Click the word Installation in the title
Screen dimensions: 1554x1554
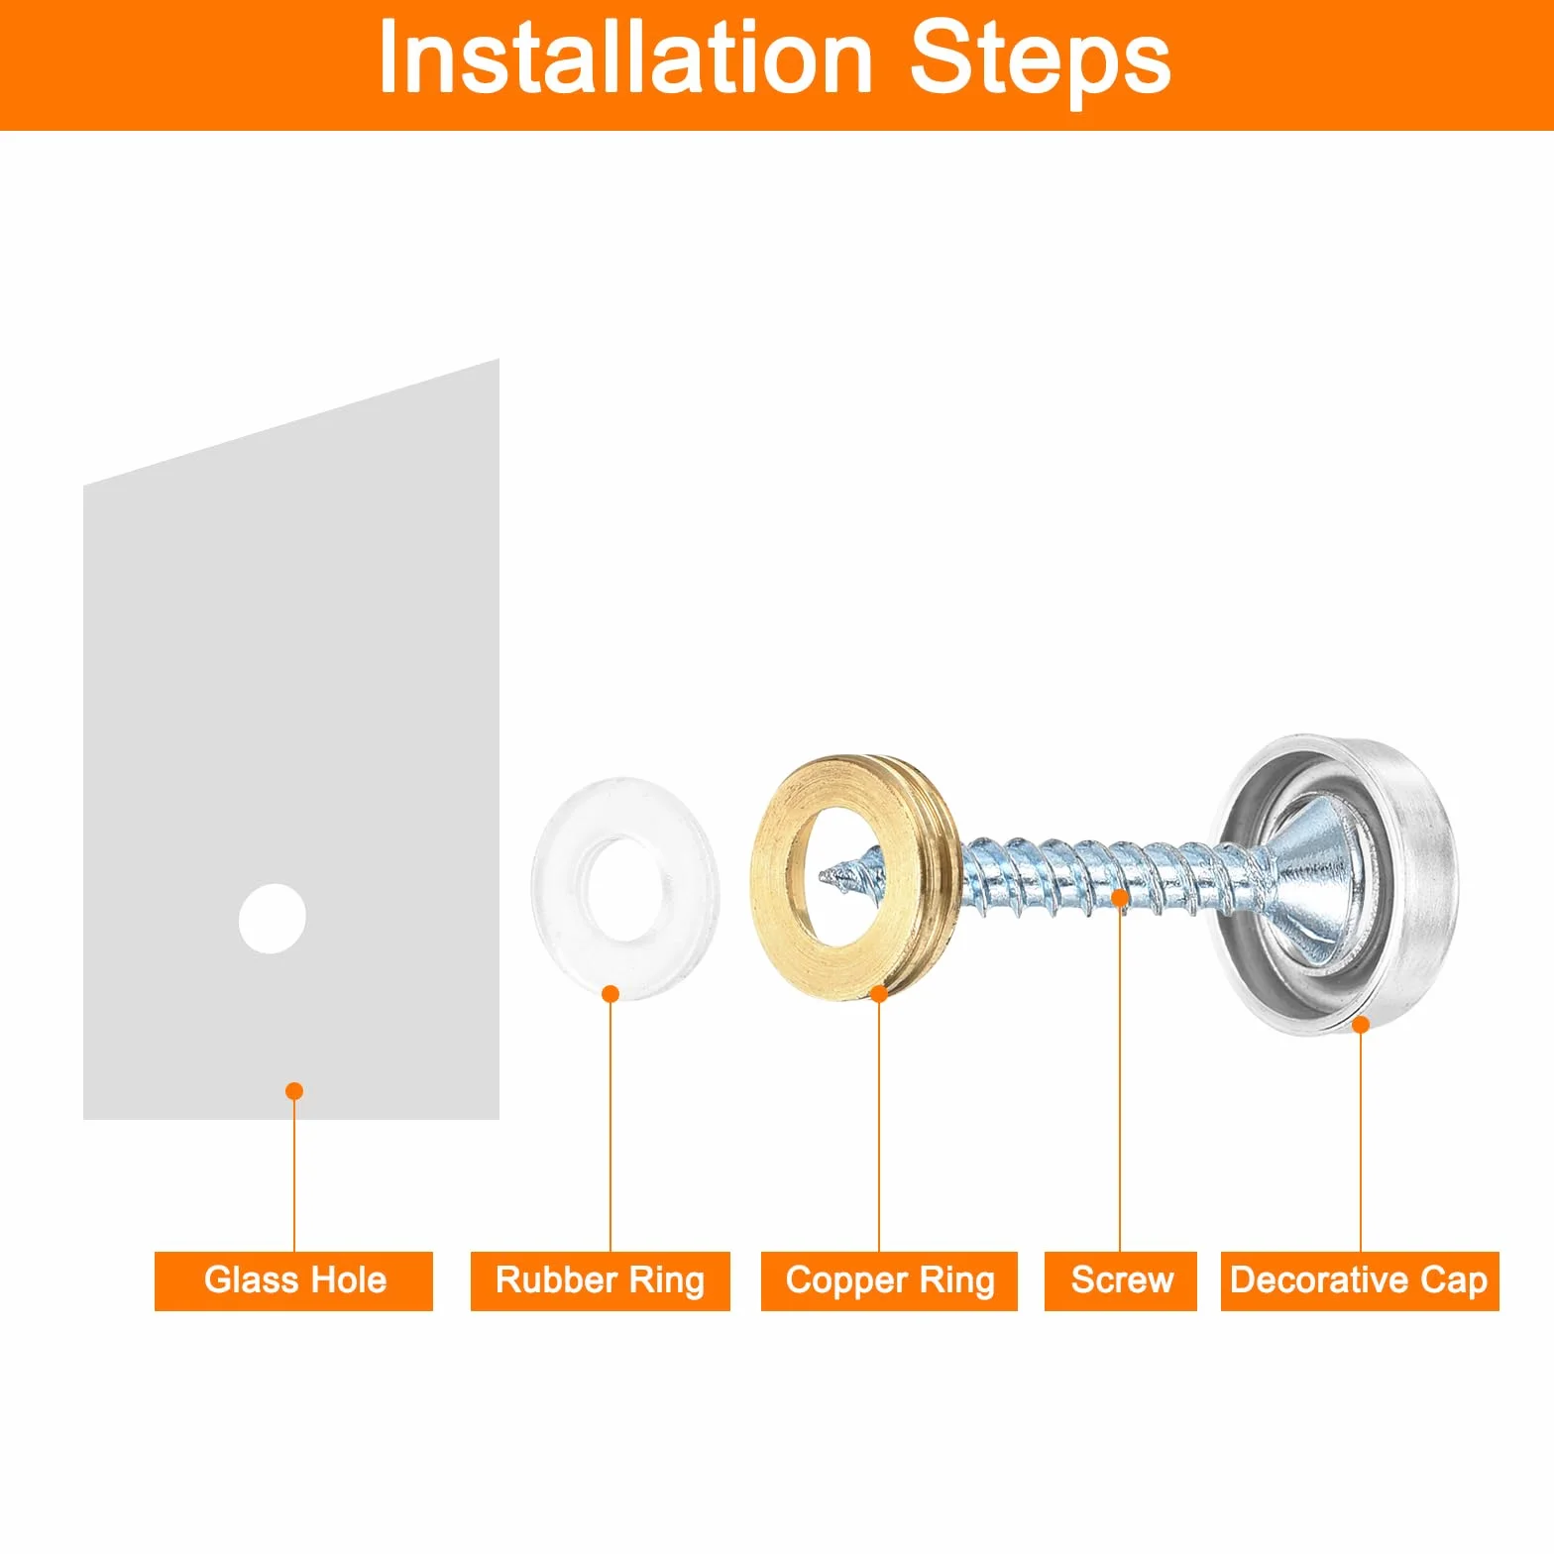pyautogui.click(x=625, y=58)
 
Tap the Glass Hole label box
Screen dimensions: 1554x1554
pyautogui.click(x=293, y=1280)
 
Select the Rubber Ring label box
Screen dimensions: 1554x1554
pyautogui.click(x=600, y=1280)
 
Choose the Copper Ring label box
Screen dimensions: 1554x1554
pyautogui.click(x=889, y=1280)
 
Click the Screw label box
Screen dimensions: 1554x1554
pyautogui.click(x=1121, y=1280)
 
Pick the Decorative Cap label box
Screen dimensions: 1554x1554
pyautogui.click(x=1360, y=1280)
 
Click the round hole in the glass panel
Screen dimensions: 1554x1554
pyautogui.click(x=273, y=919)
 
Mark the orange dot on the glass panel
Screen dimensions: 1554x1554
pyautogui.click(x=294, y=1091)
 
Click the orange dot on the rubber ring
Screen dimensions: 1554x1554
pyautogui.click(x=610, y=994)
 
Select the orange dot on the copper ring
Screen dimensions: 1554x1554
pyautogui.click(x=879, y=994)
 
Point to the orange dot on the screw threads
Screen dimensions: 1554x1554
pyautogui.click(x=1120, y=899)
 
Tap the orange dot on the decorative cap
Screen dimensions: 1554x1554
pyautogui.click(x=1361, y=1025)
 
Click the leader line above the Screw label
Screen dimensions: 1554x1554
pyautogui.click(x=1120, y=1079)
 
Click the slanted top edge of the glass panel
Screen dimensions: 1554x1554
pyautogui.click(x=291, y=422)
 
